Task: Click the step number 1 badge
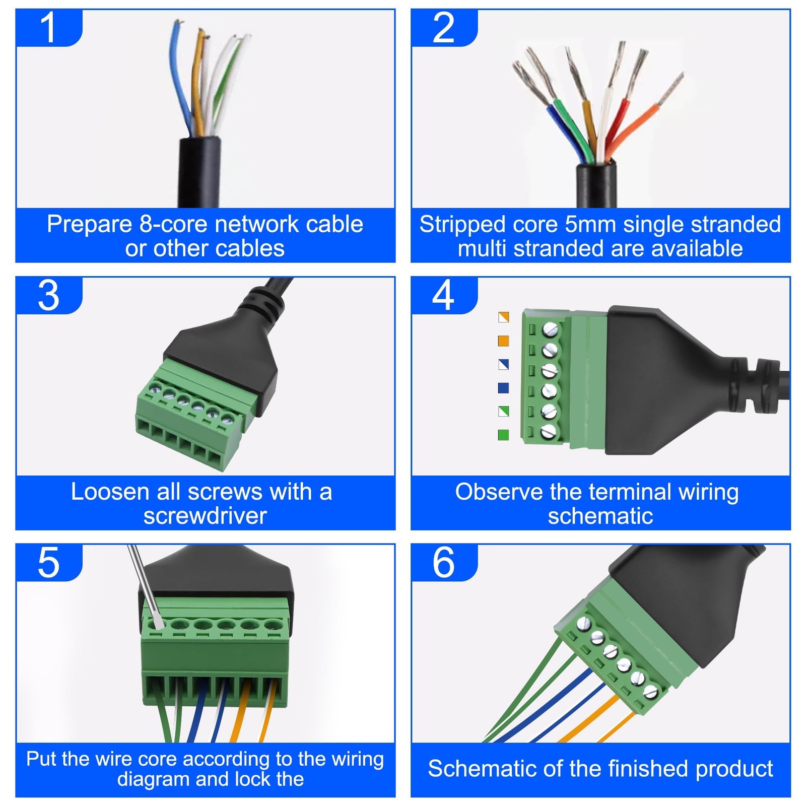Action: [48, 28]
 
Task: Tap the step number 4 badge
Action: [443, 295]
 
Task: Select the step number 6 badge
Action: [443, 562]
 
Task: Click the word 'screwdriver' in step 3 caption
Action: [205, 516]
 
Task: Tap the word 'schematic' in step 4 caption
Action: [600, 516]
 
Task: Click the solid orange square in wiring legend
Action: [503, 341]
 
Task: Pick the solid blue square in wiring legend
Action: [503, 388]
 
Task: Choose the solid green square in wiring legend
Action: [503, 435]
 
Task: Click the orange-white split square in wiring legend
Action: [503, 317]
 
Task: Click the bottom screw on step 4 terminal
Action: [550, 432]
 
